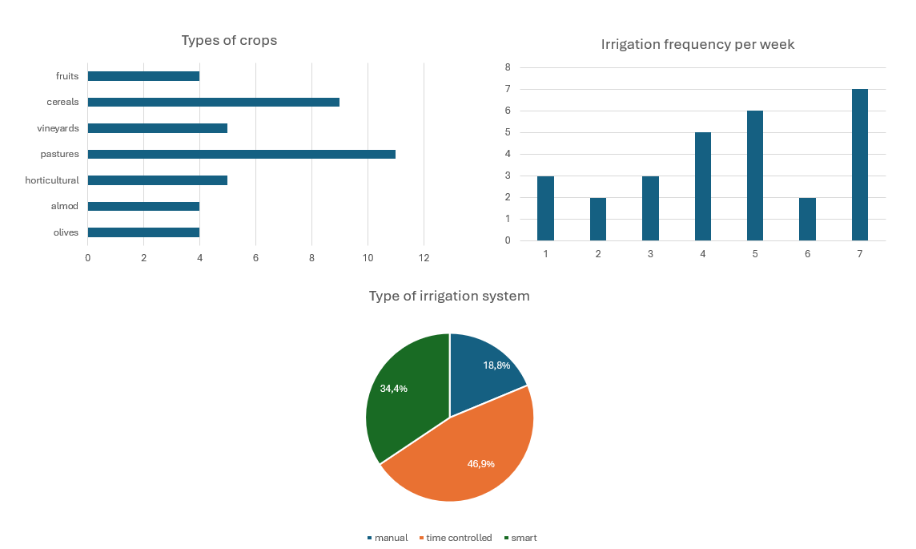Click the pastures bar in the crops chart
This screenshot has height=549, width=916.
click(241, 154)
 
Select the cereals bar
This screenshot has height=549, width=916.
click(213, 102)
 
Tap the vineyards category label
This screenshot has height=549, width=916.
click(58, 128)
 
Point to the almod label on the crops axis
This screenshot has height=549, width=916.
click(65, 206)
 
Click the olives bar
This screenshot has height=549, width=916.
click(143, 232)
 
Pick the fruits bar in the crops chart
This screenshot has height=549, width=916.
click(143, 76)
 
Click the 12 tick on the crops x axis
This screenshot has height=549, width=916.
click(424, 258)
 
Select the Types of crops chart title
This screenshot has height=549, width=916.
click(229, 40)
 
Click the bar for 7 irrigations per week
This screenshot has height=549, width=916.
click(859, 164)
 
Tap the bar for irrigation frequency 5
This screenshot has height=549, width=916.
click(755, 176)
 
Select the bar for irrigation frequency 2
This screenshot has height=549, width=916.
click(598, 219)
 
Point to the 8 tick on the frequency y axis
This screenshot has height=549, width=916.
click(508, 68)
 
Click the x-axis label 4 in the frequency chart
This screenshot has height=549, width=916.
click(703, 254)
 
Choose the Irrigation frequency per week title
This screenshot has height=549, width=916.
click(697, 44)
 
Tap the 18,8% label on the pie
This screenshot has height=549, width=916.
click(496, 365)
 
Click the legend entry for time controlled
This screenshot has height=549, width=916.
click(458, 538)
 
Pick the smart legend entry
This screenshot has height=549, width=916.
click(523, 538)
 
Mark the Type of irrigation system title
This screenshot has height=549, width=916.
click(449, 296)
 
